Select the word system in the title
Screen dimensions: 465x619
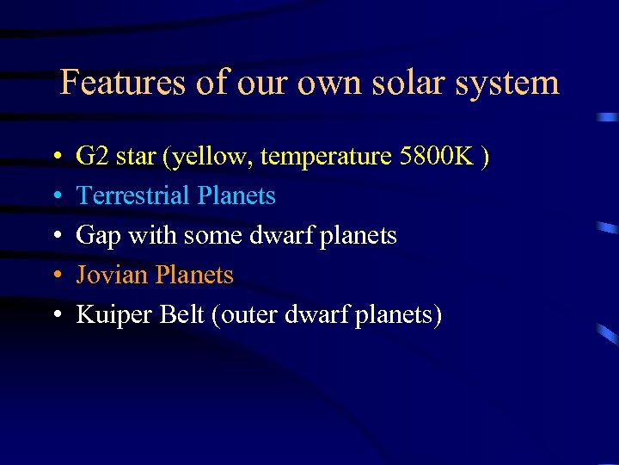514,83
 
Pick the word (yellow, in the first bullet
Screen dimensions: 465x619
210,157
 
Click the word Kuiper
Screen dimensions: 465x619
111,315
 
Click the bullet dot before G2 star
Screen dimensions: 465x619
55,158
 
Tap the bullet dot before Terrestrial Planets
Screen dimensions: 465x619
55,197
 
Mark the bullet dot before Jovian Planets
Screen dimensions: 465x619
55,276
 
